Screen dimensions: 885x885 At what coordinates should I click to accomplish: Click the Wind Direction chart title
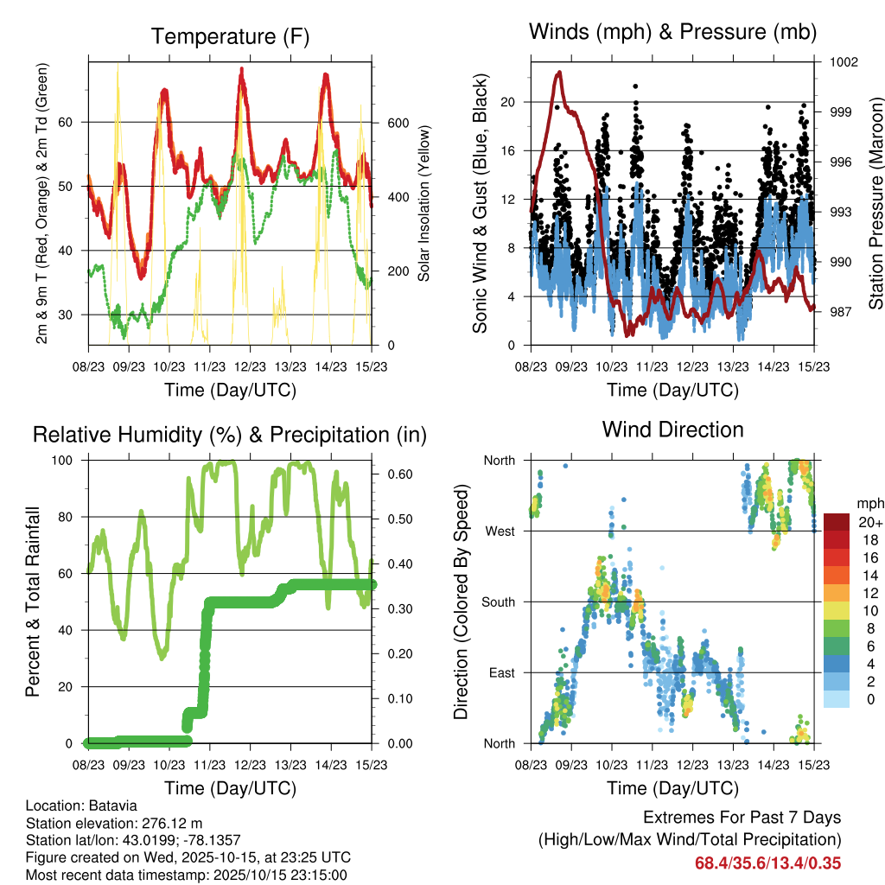point(672,429)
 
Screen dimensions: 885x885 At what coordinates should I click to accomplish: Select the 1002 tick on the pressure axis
point(841,62)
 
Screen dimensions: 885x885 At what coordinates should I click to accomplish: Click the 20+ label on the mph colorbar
point(870,523)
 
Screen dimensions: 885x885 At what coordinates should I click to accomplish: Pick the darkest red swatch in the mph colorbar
point(837,523)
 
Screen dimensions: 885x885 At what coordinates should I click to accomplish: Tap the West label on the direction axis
point(500,531)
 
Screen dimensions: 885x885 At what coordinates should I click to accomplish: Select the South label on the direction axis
point(499,602)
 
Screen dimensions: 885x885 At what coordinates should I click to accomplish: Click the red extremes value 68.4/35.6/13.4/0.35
point(767,863)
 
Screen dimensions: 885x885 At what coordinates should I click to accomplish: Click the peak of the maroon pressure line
point(560,73)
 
